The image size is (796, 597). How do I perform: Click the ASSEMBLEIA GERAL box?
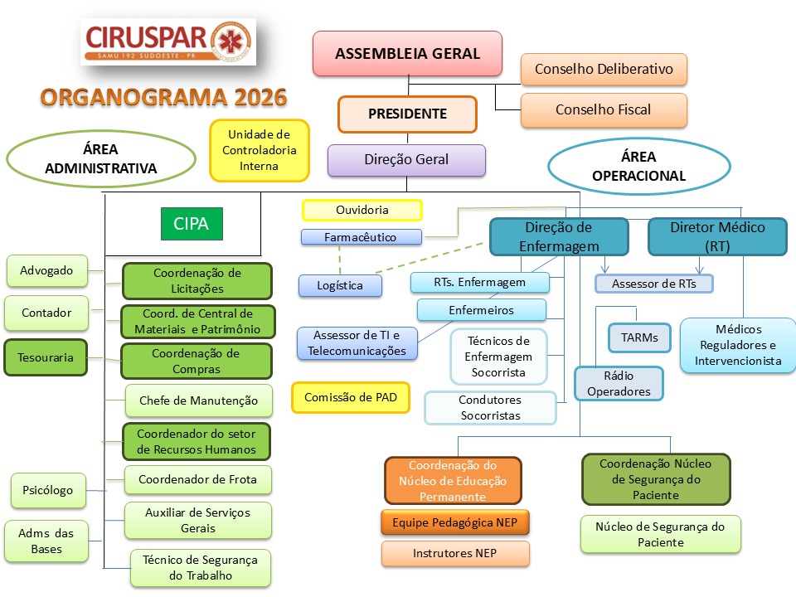[x=407, y=53]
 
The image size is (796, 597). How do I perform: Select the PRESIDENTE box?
[x=407, y=114]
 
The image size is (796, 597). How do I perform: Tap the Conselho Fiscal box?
[x=604, y=109]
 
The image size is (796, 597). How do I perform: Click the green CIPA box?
[x=192, y=223]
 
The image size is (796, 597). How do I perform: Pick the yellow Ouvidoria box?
[x=362, y=210]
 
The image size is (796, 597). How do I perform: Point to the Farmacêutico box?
[x=361, y=237]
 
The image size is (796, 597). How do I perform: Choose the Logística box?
[x=340, y=285]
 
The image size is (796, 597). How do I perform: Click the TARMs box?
[x=639, y=337]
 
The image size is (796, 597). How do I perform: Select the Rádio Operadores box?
[x=619, y=383]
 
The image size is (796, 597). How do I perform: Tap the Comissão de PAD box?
[x=350, y=397]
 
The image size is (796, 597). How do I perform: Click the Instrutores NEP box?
[x=455, y=553]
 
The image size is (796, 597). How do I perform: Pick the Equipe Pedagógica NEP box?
[x=455, y=522]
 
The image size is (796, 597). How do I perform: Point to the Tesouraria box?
[x=46, y=357]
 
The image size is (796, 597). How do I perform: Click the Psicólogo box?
[x=48, y=490]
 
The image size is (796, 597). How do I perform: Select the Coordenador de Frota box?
[x=197, y=479]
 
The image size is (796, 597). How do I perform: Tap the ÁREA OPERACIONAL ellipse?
[x=638, y=166]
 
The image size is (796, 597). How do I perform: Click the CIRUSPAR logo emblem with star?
[x=231, y=41]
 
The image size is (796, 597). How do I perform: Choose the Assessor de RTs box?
[x=654, y=284]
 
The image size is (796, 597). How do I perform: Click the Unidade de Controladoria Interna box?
[x=259, y=150]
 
